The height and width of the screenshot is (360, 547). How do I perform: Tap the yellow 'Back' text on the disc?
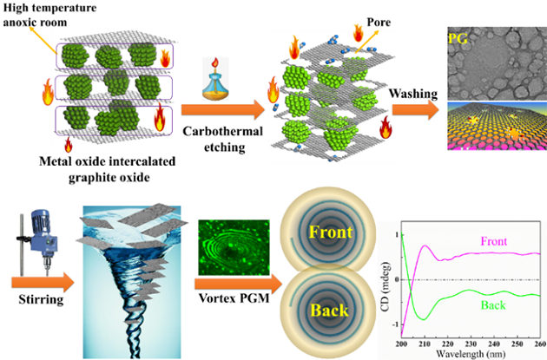coord(329,309)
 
